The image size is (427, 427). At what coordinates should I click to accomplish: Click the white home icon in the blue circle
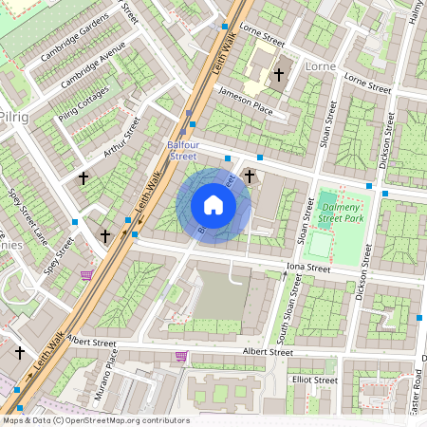click(213, 205)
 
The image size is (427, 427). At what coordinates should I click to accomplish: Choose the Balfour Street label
click(182, 150)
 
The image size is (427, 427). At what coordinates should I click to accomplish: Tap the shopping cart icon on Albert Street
click(181, 357)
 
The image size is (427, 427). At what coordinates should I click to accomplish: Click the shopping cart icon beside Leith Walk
click(87, 275)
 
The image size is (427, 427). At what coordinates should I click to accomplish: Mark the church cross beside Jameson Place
click(278, 74)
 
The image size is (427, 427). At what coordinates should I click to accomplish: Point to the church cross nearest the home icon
click(250, 176)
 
